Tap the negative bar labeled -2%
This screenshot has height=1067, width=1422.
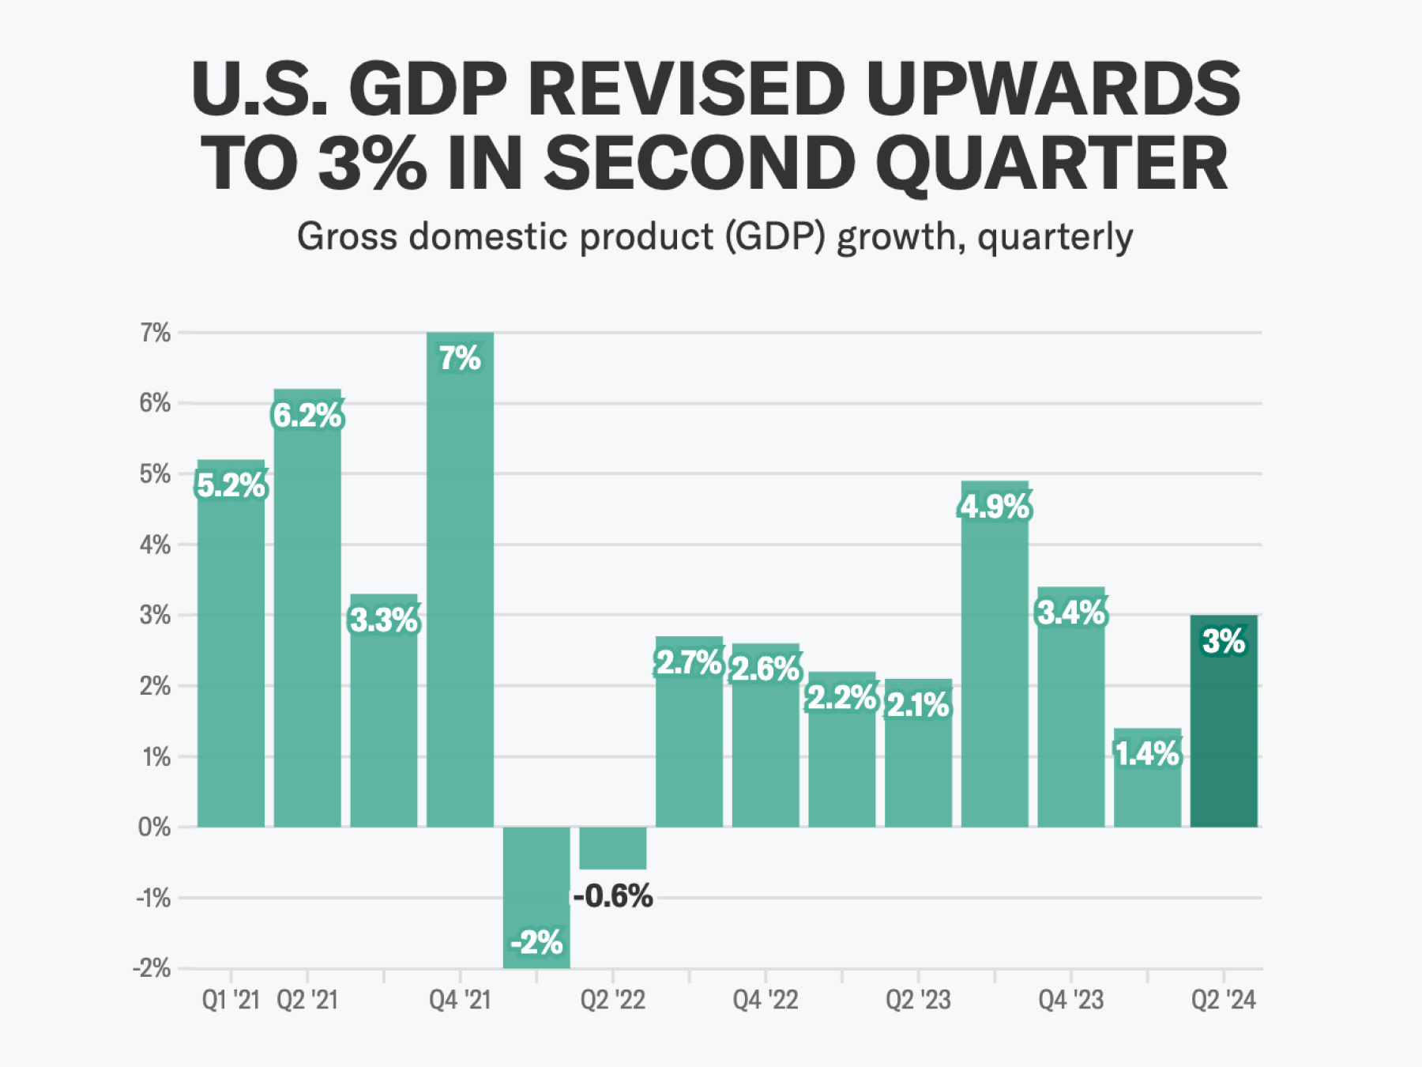pos(536,885)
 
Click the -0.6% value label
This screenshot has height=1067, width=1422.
pos(613,896)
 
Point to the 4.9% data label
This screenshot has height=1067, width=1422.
pos(995,507)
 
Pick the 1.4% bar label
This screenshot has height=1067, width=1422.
pos(1147,754)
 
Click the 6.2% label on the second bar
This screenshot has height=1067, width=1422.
pos(307,415)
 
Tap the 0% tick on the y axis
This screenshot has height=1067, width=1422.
pos(154,828)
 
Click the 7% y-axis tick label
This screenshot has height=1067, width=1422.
pos(156,333)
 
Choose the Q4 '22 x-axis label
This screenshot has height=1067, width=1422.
pos(765,1000)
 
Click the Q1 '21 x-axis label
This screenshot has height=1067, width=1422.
pos(231,1000)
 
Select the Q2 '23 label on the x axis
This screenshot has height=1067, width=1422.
pos(918,1000)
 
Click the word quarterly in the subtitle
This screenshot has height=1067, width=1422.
pos(1055,237)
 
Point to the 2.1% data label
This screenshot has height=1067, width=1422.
pos(918,705)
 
